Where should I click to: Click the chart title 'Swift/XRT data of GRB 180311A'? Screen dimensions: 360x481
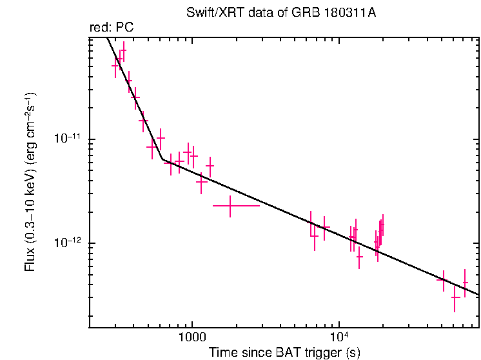pos(280,13)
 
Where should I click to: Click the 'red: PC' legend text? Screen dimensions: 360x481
pos(111,28)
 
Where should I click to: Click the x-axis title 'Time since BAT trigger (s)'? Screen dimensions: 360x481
pos(284,352)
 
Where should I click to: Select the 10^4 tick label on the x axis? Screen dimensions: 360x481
pos(340,337)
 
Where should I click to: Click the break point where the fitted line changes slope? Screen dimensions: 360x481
pos(162,159)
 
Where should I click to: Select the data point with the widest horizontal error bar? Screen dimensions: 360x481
pos(230,206)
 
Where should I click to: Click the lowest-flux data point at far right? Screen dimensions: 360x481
pos(455,297)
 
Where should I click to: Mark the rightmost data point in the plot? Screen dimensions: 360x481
pos(465,283)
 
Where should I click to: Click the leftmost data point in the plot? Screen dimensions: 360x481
pos(115,65)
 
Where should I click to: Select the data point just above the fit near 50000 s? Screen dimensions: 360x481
pos(443,279)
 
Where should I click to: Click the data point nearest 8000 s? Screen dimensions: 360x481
pos(324,227)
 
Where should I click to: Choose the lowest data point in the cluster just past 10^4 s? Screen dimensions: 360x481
pos(359,257)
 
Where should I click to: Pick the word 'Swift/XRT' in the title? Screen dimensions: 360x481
pos(210,13)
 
